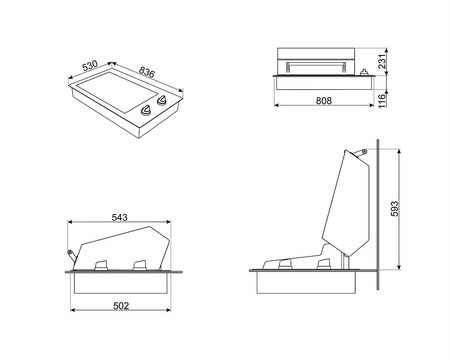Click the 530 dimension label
(90, 65)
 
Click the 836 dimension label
(147, 72)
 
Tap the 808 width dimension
(324, 100)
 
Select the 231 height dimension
(382, 61)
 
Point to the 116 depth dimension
(382, 100)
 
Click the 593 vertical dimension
(394, 209)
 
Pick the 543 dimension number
(119, 218)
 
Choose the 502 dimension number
(121, 306)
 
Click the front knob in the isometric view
(146, 110)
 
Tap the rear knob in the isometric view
(162, 100)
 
